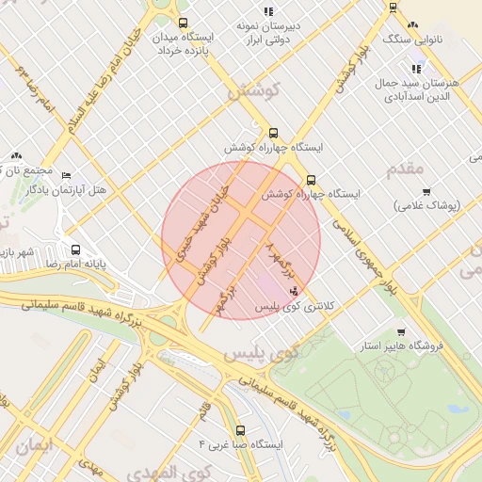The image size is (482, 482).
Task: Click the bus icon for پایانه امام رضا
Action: [76, 250]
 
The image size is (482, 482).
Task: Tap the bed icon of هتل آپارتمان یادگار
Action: [65, 175]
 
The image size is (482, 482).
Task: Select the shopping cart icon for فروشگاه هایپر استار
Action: [401, 332]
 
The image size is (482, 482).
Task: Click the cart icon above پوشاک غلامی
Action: [426, 191]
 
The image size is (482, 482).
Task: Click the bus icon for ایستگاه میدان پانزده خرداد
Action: [182, 23]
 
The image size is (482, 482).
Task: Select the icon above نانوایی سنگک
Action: [412, 25]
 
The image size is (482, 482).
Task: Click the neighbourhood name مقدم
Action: [406, 169]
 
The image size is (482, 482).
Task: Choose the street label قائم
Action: [204, 410]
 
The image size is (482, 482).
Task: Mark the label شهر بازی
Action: [17, 252]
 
